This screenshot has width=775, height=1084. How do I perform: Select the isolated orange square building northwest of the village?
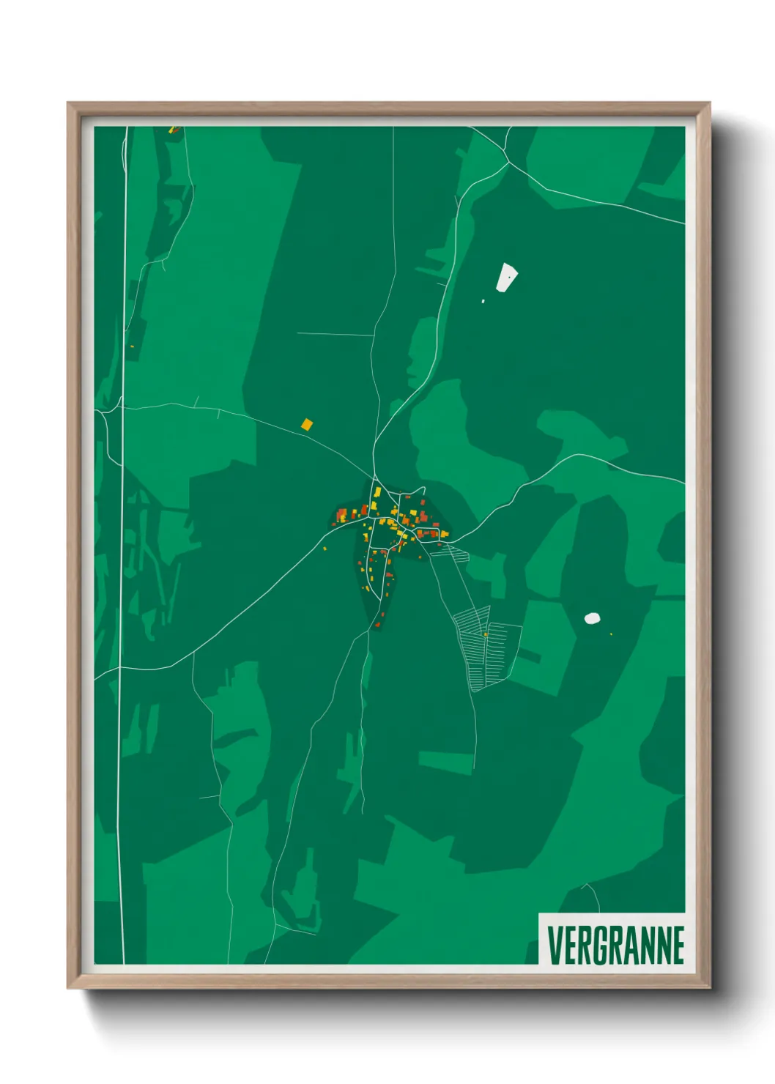click(307, 424)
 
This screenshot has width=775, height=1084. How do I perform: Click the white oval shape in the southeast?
click(593, 618)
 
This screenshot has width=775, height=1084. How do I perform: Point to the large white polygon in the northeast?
click(506, 278)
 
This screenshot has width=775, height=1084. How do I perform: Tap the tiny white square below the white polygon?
click(483, 301)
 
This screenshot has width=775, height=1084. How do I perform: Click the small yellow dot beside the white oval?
click(611, 634)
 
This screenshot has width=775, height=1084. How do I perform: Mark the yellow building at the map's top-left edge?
click(174, 130)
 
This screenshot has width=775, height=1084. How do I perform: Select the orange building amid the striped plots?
click(485, 634)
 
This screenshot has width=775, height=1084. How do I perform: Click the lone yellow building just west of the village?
click(325, 548)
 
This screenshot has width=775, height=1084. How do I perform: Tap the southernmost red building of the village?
click(377, 625)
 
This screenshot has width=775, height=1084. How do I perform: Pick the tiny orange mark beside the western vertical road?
click(132, 346)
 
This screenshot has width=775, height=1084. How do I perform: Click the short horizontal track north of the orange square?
click(334, 335)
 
